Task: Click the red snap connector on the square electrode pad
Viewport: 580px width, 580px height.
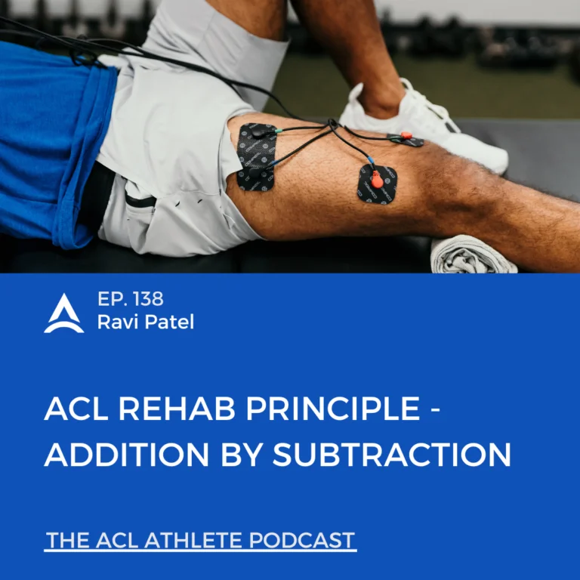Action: coord(377,180)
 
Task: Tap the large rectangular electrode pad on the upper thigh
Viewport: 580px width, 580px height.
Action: coord(256,157)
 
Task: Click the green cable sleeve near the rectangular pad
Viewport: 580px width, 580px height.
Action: coord(280,130)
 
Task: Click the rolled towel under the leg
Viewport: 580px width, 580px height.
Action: coord(474,255)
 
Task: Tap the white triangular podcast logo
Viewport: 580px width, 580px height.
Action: coord(64,313)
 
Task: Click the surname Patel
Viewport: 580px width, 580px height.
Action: coord(169,322)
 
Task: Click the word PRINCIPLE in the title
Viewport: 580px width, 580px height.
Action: coord(333,409)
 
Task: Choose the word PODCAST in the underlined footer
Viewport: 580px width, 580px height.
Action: coord(302,540)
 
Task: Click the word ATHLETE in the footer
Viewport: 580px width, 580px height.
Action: coord(194,540)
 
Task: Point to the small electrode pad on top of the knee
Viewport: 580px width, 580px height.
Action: coord(406,139)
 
